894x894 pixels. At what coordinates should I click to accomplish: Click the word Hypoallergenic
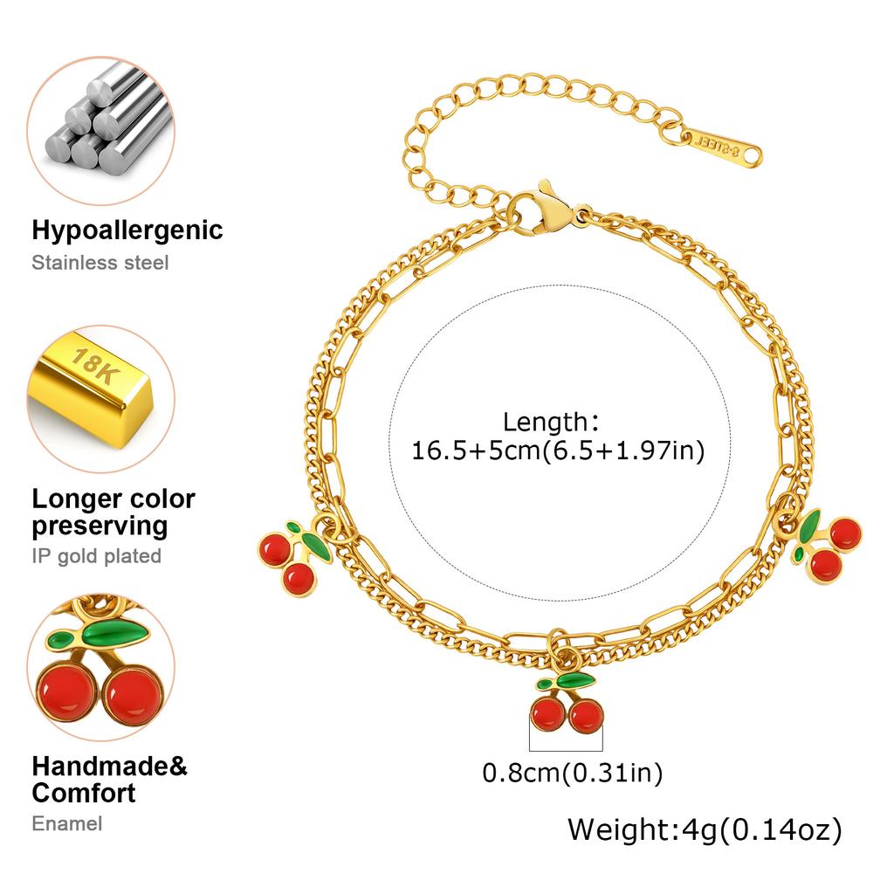(127, 230)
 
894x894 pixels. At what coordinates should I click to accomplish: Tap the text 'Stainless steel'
(100, 263)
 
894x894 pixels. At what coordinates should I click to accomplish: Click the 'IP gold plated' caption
(96, 556)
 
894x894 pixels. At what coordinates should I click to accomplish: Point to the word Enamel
(66, 824)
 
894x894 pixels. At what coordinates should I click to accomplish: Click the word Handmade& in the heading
(109, 767)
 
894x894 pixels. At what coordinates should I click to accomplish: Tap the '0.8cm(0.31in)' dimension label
(573, 774)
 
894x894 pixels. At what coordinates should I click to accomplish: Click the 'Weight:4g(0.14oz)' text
(705, 829)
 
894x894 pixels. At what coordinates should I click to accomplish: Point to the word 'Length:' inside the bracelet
(551, 423)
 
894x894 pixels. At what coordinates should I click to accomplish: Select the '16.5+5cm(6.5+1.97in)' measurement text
(558, 450)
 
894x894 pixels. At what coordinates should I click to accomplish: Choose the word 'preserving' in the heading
(100, 526)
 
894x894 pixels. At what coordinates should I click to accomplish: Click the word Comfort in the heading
(84, 793)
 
